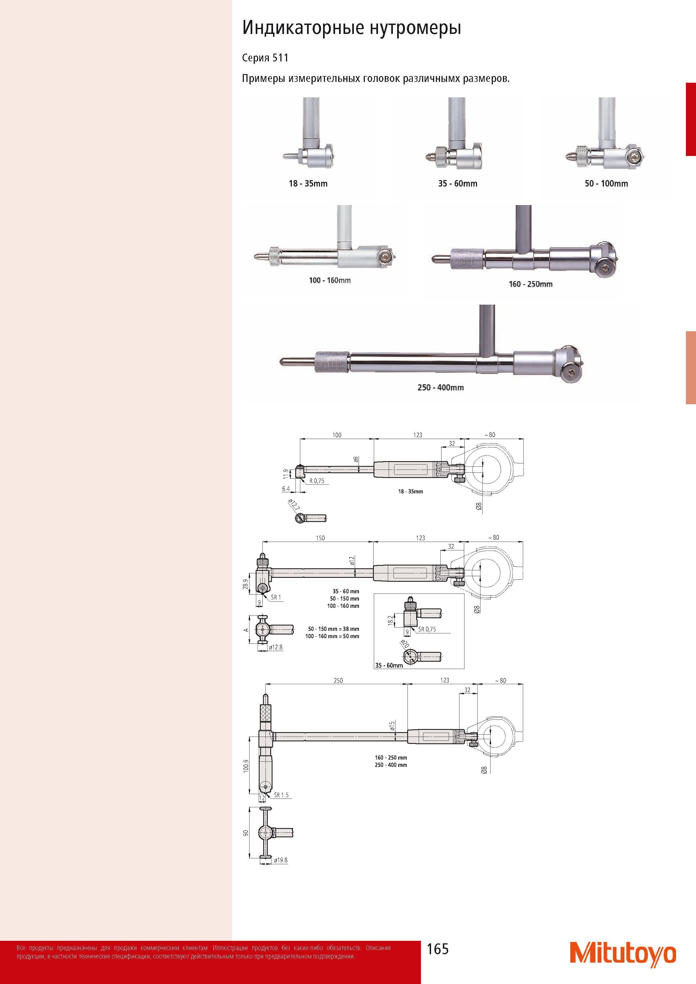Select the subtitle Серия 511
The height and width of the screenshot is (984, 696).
pyautogui.click(x=265, y=58)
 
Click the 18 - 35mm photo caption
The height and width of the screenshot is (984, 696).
pyautogui.click(x=308, y=183)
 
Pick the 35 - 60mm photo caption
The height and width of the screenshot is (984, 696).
pyautogui.click(x=457, y=183)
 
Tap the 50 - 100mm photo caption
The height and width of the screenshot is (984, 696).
pyautogui.click(x=606, y=183)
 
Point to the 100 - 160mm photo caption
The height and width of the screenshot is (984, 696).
pyautogui.click(x=330, y=280)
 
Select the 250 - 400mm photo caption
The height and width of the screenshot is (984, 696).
pyautogui.click(x=440, y=387)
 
